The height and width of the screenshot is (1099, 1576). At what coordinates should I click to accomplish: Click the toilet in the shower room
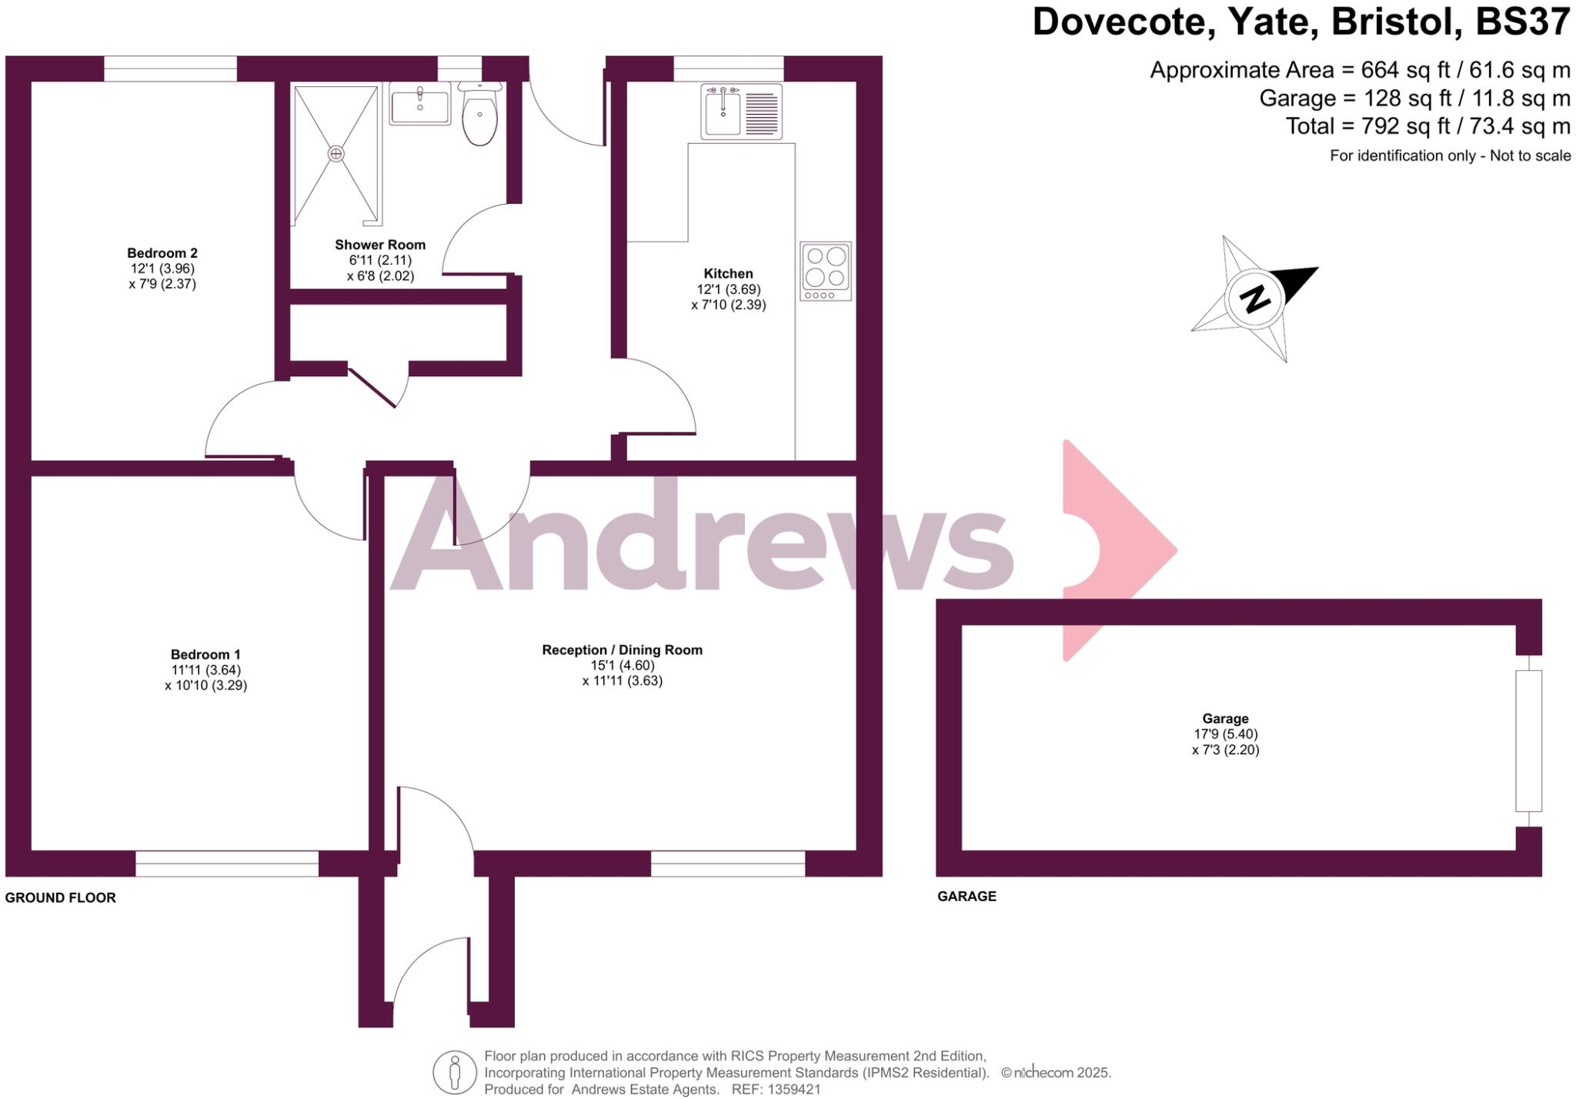[480, 115]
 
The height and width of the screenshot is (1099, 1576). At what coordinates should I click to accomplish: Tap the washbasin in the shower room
[420, 107]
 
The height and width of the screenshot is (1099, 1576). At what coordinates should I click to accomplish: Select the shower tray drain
[336, 154]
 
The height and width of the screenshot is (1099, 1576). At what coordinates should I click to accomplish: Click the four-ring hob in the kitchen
[826, 270]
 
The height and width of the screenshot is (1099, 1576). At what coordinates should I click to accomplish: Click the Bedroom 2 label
[162, 253]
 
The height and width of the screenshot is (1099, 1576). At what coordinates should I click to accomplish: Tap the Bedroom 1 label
[205, 655]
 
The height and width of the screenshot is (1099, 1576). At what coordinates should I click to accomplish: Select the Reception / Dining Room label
[622, 650]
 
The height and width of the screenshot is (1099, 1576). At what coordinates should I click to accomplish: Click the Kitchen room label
[728, 274]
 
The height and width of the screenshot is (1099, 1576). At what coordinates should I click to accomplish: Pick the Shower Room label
[380, 245]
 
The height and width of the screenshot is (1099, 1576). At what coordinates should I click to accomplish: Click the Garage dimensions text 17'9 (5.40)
[1226, 734]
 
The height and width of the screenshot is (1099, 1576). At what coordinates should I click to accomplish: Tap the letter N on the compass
[1254, 298]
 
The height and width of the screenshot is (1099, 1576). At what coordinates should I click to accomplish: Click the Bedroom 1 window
[227, 863]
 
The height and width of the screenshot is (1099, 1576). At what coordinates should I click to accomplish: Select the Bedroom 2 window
[170, 68]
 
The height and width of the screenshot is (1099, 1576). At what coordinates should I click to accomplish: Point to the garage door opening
[1529, 740]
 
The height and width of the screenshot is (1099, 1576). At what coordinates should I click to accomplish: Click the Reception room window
[728, 863]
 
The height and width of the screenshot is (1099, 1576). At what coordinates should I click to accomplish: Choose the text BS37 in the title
[1522, 22]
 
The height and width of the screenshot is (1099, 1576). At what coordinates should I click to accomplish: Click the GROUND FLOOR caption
[61, 897]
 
